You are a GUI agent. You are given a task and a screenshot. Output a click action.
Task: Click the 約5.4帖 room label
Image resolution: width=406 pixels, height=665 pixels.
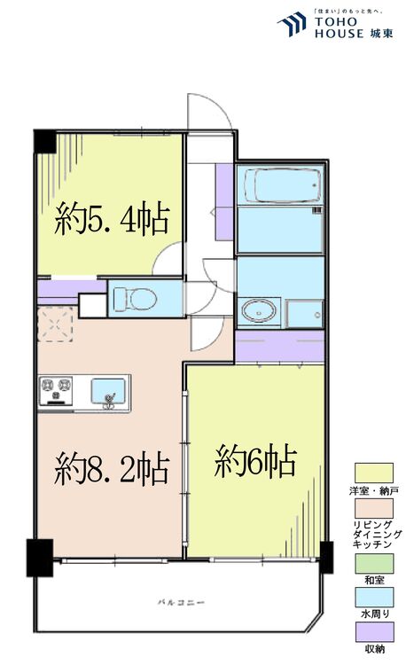tap(113, 217)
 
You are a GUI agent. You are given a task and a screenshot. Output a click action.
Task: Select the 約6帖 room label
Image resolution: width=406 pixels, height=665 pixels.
tap(255, 461)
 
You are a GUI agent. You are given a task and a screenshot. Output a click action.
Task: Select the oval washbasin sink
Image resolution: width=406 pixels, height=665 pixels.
tap(258, 312)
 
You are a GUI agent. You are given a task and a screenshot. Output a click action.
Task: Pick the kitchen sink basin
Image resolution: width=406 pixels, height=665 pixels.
tap(110, 389)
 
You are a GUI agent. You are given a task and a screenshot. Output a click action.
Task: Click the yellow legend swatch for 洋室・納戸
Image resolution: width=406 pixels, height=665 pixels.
tap(372, 472)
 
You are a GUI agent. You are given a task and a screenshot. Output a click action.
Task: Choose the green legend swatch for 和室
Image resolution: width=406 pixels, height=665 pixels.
tap(372, 562)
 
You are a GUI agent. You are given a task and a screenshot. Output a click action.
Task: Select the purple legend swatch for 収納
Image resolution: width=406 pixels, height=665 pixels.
tap(372, 631)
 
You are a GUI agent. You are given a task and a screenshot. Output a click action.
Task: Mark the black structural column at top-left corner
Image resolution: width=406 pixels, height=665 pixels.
tap(45, 141)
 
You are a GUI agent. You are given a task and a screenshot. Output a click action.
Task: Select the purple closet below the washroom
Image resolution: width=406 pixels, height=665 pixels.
tap(279, 347)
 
